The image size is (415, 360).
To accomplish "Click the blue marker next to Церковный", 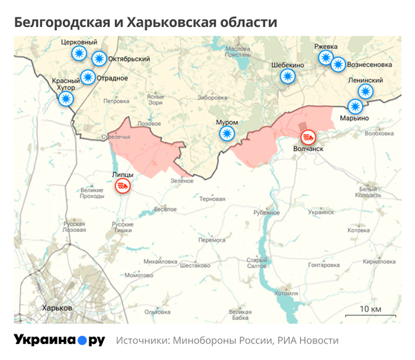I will pyautogui.click(x=80, y=53).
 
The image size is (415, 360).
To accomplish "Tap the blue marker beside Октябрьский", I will pyautogui.click(x=99, y=59).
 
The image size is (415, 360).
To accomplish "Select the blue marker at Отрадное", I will pyautogui.click(x=88, y=77).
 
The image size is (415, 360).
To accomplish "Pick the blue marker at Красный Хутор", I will pyautogui.click(x=66, y=99).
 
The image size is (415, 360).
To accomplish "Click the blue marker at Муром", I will pyautogui.click(x=225, y=134).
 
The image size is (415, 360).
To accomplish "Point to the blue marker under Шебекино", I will pyautogui.click(x=288, y=76).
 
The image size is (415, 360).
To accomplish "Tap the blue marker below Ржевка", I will pyautogui.click(x=326, y=57).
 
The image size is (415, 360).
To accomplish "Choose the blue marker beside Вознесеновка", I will pyautogui.click(x=338, y=64).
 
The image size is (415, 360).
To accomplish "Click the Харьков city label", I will pyautogui.click(x=57, y=307).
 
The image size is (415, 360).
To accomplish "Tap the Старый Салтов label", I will pyautogui.click(x=257, y=263).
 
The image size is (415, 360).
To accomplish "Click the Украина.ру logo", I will pyautogui.click(x=59, y=340).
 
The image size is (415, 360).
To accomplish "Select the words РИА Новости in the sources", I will pyautogui.click(x=308, y=341).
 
